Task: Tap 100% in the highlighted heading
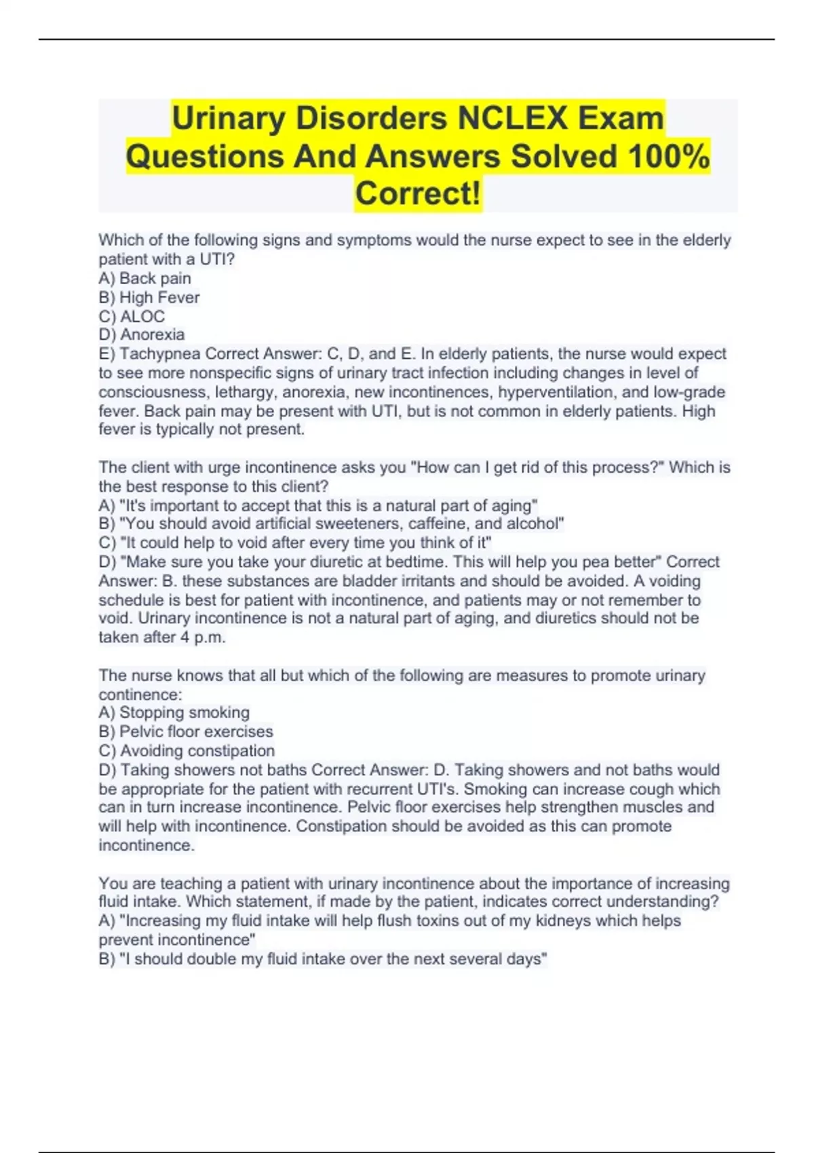tap(668, 157)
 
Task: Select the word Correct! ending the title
tap(418, 193)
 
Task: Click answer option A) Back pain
tap(145, 279)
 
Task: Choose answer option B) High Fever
tap(149, 298)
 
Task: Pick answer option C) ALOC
tap(132, 317)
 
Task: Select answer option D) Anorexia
tap(142, 335)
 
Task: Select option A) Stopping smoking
tap(174, 713)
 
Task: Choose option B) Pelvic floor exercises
tap(186, 732)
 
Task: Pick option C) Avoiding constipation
tap(187, 751)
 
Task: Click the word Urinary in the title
tap(229, 119)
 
